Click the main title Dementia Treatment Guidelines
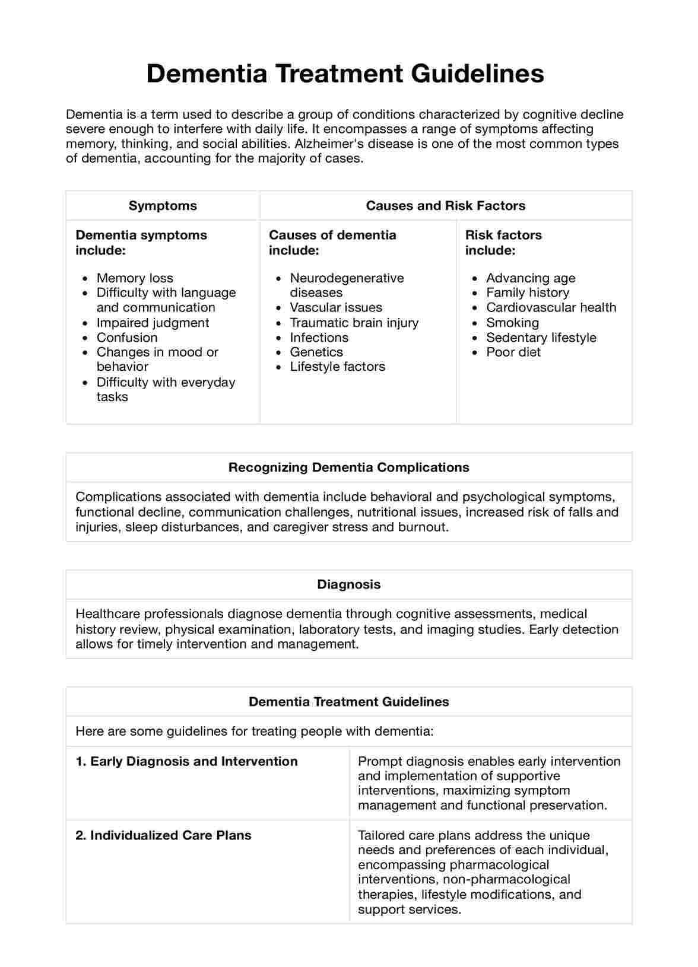pos(345,74)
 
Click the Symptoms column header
pos(163,206)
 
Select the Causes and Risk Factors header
pos(445,206)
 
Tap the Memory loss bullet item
pos(135,278)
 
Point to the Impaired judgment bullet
pos(153,323)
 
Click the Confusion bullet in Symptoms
pos(127,338)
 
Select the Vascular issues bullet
pos(336,307)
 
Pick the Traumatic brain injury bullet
pos(354,323)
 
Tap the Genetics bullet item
pos(316,352)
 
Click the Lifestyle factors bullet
pos(337,367)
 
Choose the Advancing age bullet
pos(531,278)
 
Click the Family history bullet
pos(528,292)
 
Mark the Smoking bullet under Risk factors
pos(512,323)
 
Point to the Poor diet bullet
pos(513,352)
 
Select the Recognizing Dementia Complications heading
pos(348,467)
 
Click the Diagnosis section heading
pos(348,584)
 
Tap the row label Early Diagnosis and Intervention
pos(186,761)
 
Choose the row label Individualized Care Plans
pos(163,835)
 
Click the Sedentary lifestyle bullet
pos(541,338)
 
